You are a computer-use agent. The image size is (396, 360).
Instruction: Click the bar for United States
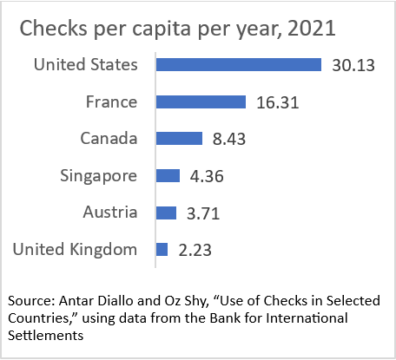(239, 65)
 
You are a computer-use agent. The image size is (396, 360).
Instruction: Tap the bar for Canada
(179, 139)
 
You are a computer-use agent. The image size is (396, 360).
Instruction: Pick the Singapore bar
(168, 176)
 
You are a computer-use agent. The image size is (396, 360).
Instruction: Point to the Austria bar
(166, 213)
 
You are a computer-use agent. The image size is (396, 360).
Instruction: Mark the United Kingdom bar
(162, 250)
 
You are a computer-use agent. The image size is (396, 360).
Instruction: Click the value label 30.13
(352, 65)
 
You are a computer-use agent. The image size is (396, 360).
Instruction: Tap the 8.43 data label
(227, 139)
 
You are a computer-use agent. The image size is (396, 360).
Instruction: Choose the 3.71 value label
(201, 213)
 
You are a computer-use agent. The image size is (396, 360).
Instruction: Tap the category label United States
(85, 65)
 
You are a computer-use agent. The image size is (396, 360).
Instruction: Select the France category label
(111, 102)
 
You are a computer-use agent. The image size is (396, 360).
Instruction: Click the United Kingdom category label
(76, 250)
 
